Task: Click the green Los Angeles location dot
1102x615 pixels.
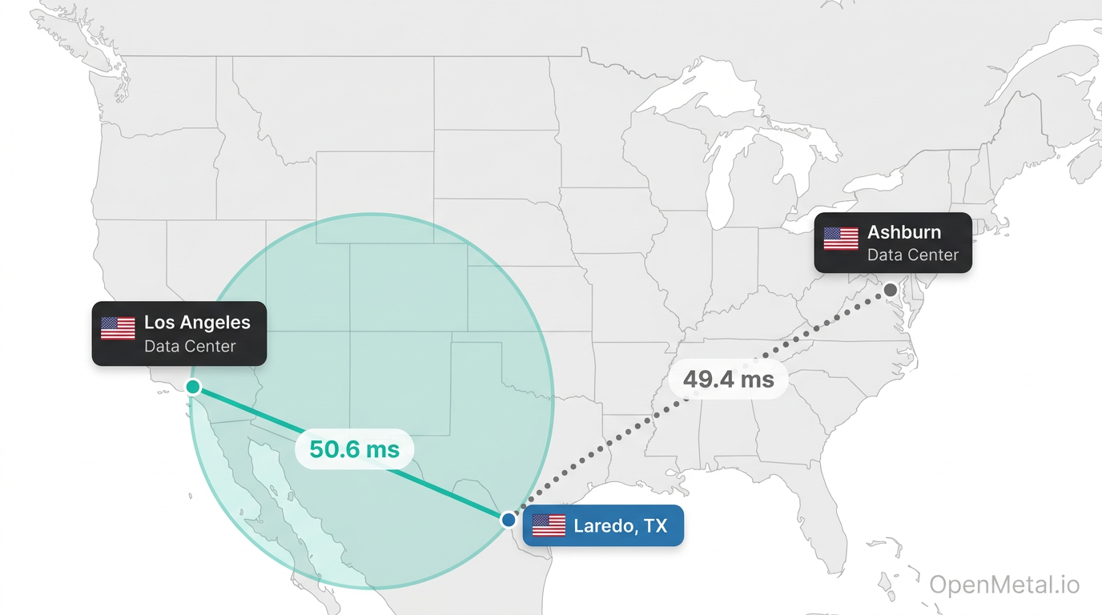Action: tap(193, 387)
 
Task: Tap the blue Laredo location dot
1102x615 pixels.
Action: tap(509, 520)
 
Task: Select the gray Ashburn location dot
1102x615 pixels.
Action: tap(891, 290)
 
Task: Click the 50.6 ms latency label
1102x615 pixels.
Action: tap(354, 450)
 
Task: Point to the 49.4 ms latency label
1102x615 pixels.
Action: tap(728, 379)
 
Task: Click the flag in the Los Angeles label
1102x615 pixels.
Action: tap(118, 328)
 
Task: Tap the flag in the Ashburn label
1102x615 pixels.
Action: tap(840, 239)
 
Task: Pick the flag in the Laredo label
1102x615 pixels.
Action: tap(549, 525)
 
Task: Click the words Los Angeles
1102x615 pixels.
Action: tap(197, 323)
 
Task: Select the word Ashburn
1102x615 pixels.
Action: tap(904, 232)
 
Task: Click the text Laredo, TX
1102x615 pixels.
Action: tap(621, 526)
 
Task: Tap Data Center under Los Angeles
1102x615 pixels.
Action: tap(190, 346)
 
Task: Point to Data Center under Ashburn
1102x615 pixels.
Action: tap(912, 255)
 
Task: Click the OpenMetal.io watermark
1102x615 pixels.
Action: tap(1004, 585)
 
